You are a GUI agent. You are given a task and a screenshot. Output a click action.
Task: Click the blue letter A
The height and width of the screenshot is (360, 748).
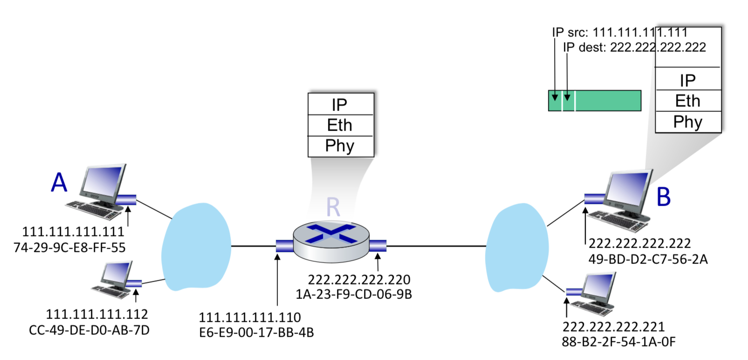59,182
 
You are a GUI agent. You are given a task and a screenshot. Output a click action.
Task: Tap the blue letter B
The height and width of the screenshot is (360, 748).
664,197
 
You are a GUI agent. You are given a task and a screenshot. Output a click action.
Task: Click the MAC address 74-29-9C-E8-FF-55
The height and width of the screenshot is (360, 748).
69,248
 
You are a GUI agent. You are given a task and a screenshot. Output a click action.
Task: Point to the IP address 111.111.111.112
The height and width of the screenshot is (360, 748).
97,314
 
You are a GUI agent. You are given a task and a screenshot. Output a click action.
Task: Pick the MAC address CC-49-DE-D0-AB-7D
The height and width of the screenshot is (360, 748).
89,330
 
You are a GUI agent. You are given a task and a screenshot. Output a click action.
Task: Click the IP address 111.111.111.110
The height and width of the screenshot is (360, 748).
250,318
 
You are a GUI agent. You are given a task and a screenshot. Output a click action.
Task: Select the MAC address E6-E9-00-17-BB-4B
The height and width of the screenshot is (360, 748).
256,332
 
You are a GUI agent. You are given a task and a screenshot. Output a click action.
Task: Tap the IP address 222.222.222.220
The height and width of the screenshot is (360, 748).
359,280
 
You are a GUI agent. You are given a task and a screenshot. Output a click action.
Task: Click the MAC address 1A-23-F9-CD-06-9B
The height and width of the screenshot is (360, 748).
354,295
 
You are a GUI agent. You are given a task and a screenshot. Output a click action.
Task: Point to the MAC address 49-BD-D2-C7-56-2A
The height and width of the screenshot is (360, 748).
648,259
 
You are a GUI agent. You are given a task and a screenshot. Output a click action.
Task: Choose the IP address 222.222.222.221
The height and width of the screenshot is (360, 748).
613,327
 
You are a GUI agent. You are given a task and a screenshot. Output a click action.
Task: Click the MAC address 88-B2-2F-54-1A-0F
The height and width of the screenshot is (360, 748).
618,342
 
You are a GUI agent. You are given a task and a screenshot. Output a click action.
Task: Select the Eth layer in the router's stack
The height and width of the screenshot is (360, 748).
340,125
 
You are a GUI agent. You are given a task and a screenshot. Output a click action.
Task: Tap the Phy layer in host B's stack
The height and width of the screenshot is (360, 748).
688,122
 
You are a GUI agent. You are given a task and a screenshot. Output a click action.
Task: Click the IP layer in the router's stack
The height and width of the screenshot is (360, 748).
340,104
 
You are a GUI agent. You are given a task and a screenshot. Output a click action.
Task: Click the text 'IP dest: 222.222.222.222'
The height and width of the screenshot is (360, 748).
634,48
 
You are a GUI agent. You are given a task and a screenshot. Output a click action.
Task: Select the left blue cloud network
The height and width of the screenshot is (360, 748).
196,246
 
